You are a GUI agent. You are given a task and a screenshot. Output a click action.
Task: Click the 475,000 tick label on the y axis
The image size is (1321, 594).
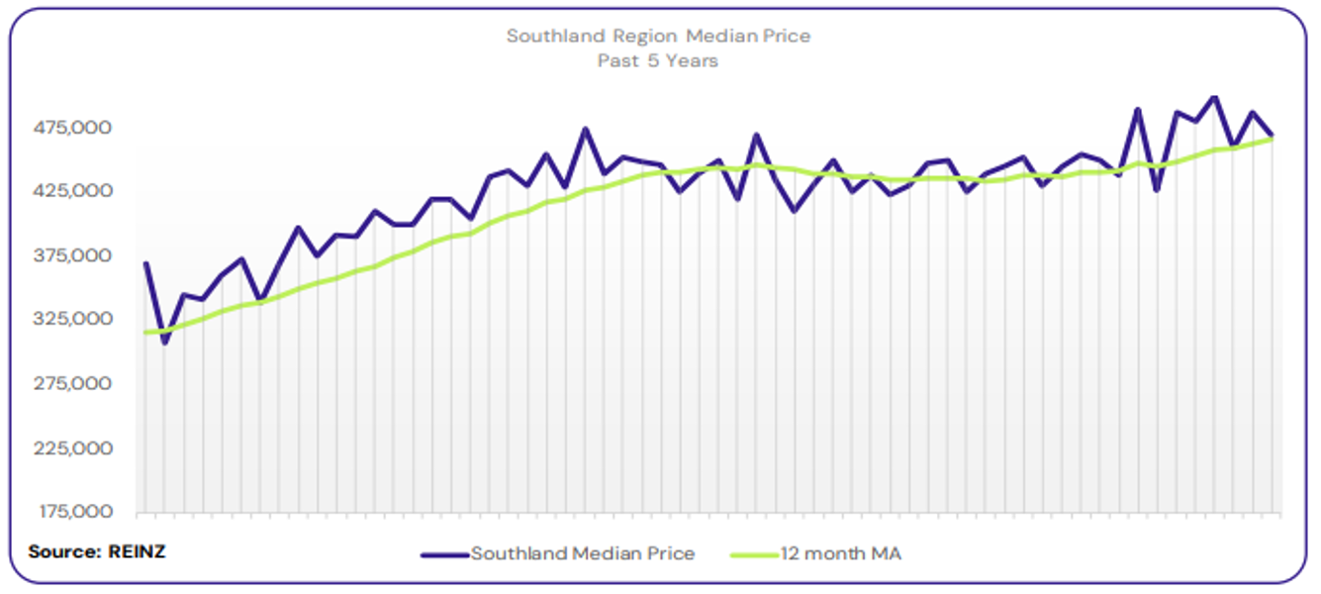[x=74, y=128]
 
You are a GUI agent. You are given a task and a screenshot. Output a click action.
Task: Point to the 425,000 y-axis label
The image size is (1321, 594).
[x=74, y=191]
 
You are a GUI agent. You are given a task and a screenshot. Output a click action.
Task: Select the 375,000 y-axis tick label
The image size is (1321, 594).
[x=74, y=255]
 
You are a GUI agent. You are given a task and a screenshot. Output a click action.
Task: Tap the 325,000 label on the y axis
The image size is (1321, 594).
[x=74, y=320]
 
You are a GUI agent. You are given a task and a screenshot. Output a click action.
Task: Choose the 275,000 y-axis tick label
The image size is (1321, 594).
[x=74, y=383]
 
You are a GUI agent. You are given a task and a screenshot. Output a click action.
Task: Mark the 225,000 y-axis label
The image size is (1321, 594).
[x=74, y=447]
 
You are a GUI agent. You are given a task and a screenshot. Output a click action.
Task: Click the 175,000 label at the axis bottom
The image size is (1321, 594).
[x=74, y=512]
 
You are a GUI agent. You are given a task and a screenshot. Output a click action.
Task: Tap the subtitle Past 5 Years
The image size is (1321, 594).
[x=658, y=61]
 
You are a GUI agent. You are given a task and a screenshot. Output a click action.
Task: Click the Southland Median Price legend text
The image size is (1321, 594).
[x=583, y=554]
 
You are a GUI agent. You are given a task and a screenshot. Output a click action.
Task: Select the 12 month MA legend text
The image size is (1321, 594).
[x=840, y=554]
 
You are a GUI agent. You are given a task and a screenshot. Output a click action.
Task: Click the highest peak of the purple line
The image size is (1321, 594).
[x=1214, y=97]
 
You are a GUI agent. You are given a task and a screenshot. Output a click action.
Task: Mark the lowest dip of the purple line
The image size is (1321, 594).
[x=164, y=343]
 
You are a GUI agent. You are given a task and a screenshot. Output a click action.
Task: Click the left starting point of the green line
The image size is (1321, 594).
[x=145, y=333]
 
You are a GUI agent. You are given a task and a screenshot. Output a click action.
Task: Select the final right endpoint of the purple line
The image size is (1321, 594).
[x=1272, y=135]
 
